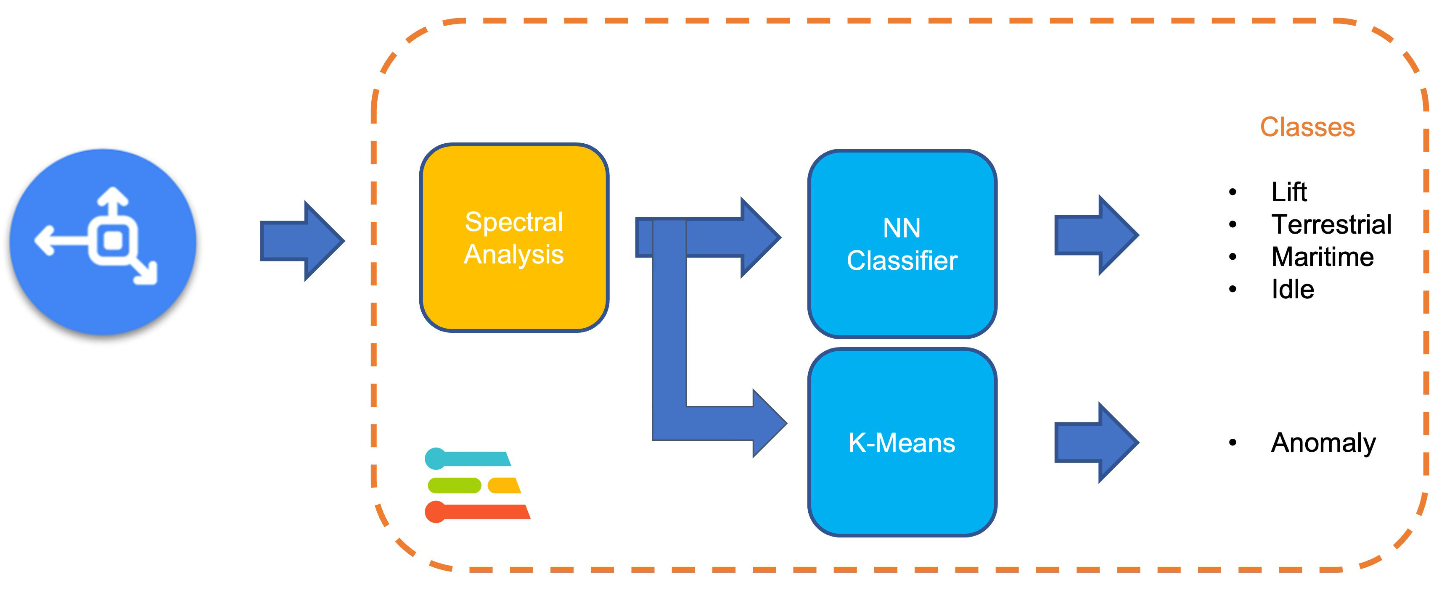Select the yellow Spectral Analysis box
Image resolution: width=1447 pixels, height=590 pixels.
pyautogui.click(x=514, y=237)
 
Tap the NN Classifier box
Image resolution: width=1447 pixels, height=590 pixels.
pyautogui.click(x=902, y=244)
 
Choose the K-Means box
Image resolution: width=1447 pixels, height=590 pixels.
pyautogui.click(x=902, y=442)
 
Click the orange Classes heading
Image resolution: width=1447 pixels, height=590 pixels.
pyautogui.click(x=1307, y=127)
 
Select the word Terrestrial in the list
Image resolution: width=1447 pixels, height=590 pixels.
pyautogui.click(x=1331, y=224)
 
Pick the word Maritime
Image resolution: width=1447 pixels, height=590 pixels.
pyautogui.click(x=1322, y=257)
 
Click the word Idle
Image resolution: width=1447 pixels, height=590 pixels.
pyautogui.click(x=1293, y=290)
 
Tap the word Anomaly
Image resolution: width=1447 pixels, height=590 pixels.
pyautogui.click(x=1323, y=442)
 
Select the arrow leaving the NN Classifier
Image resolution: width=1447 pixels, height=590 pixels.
pyautogui.click(x=1096, y=235)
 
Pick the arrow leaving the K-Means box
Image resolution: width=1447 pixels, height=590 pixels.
pyautogui.click(x=1096, y=442)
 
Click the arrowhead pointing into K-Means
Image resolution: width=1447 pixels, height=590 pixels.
pyautogui.click(x=768, y=423)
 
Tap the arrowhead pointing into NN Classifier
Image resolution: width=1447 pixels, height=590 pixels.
pyautogui.click(x=759, y=237)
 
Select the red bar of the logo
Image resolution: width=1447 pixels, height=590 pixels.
pyautogui.click(x=477, y=511)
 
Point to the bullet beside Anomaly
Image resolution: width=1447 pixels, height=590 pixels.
pyautogui.click(x=1233, y=442)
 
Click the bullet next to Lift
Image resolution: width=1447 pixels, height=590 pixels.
pyautogui.click(x=1233, y=192)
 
